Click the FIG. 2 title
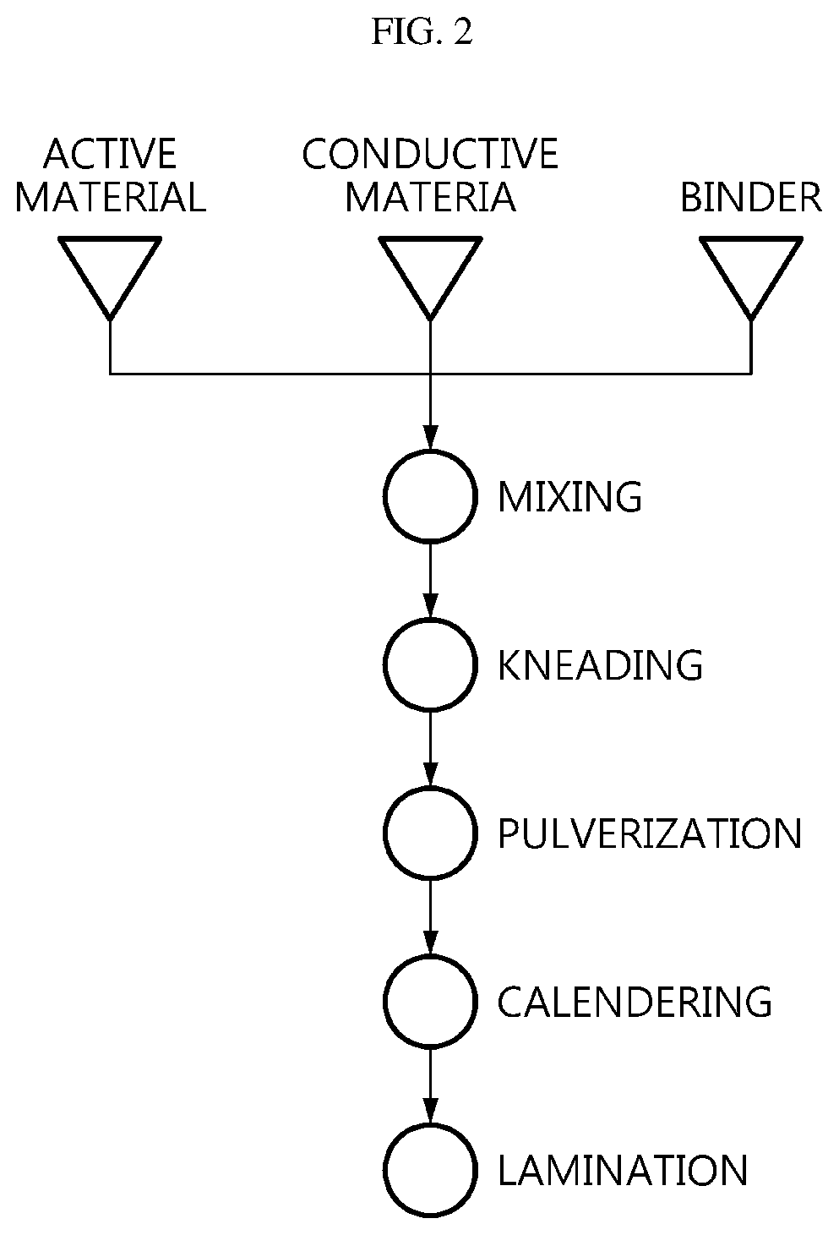pos(422,31)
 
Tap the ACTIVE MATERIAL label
pos(110,175)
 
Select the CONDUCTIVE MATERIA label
pos(430,175)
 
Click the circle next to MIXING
pos(384,496)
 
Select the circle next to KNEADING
pos(384,664)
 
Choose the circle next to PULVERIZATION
pos(384,833)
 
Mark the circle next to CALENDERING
pos(384,1001)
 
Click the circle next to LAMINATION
pos(384,1169)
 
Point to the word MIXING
pos(570,497)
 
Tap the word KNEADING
pos(600,665)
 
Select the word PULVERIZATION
pos(650,833)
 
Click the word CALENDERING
pos(635,1001)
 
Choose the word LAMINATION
pos(623,1169)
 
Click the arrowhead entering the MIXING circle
pos(431,439)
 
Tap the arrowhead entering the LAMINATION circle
pos(431,1111)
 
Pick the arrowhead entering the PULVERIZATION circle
pos(431,774)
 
